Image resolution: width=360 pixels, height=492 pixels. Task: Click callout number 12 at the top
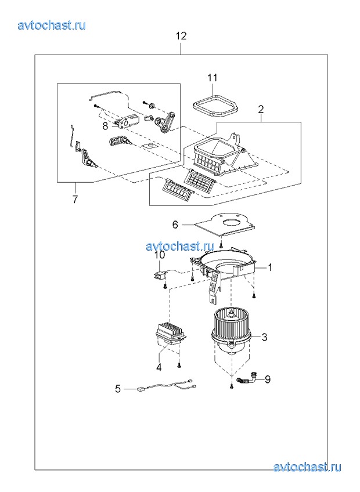[x=181, y=36]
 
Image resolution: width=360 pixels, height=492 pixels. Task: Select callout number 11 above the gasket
[x=213, y=78]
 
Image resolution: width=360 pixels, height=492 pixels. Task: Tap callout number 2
[x=261, y=110]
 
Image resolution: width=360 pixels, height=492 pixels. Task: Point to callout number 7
[x=75, y=199]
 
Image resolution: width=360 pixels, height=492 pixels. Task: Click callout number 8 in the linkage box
[x=105, y=126]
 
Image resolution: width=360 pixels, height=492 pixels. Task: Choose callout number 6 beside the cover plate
[x=175, y=225]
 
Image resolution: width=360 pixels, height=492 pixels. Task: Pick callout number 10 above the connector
[x=160, y=255]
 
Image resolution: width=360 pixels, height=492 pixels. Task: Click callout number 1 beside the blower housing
[x=269, y=267]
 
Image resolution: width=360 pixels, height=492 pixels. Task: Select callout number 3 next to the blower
[x=265, y=337]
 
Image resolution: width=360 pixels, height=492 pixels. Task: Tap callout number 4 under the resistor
[x=159, y=367]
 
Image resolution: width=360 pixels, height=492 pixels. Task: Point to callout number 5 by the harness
[x=118, y=389]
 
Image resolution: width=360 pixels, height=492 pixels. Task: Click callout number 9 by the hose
[x=267, y=379]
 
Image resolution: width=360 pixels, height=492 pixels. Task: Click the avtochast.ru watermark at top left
[x=52, y=25]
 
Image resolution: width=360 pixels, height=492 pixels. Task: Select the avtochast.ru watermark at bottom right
[x=307, y=467]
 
